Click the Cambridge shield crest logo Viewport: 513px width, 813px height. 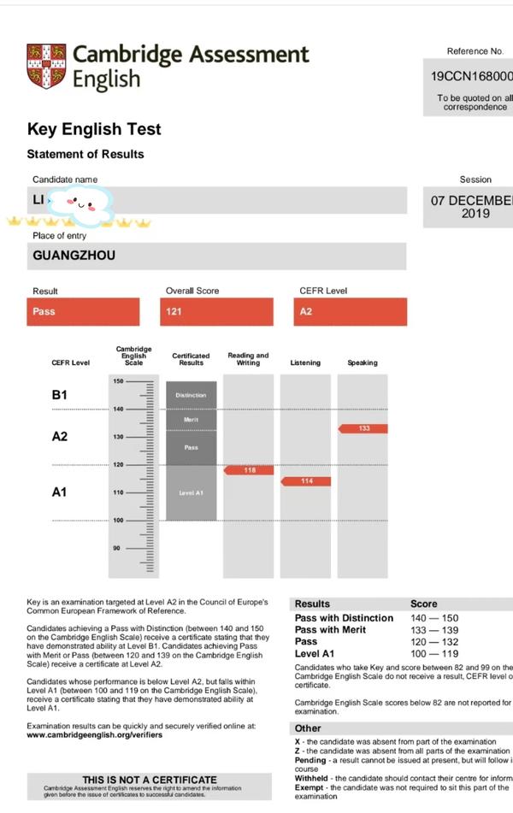click(x=46, y=66)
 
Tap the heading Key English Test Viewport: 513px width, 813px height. click(x=94, y=129)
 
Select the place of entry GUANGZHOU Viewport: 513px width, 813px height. click(x=74, y=255)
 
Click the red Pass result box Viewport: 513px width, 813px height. click(x=83, y=311)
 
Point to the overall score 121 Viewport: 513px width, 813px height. click(x=219, y=311)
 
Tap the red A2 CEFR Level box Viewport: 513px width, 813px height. click(x=352, y=311)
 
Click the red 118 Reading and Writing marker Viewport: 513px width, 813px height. click(x=248, y=470)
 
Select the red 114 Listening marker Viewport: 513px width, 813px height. click(x=305, y=481)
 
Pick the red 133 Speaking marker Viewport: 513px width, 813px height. click(x=363, y=428)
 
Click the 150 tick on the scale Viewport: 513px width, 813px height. click(x=118, y=381)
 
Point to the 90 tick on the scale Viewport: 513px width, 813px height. click(x=118, y=548)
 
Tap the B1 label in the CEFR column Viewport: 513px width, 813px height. click(x=60, y=395)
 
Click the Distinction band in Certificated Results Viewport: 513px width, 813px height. click(x=191, y=395)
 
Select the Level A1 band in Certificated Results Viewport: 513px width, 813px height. click(x=191, y=493)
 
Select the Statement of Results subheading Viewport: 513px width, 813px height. click(x=85, y=154)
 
